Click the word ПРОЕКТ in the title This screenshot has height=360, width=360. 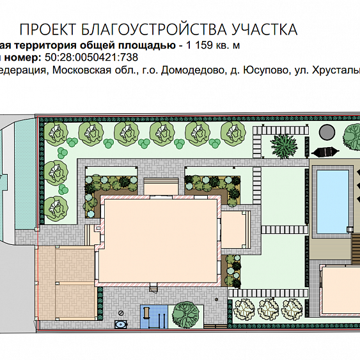(x=48, y=29)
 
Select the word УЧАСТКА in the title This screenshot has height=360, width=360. (x=265, y=29)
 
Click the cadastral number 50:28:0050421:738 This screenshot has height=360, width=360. (x=91, y=57)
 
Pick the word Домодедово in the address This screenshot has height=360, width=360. (x=192, y=70)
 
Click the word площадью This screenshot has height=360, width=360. (x=147, y=45)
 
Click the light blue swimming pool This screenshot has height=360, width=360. (x=333, y=201)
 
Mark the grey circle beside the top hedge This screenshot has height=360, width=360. (x=327, y=132)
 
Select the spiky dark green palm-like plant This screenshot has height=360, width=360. (x=284, y=146)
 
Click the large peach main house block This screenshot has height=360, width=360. (x=159, y=240)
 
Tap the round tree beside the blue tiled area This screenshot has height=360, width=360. (x=185, y=314)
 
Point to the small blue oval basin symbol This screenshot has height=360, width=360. (x=121, y=324)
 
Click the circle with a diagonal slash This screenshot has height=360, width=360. (x=121, y=313)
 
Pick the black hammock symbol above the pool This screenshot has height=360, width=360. (x=325, y=152)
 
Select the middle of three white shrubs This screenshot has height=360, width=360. (x=268, y=309)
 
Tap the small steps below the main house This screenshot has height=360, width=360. (x=153, y=287)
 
